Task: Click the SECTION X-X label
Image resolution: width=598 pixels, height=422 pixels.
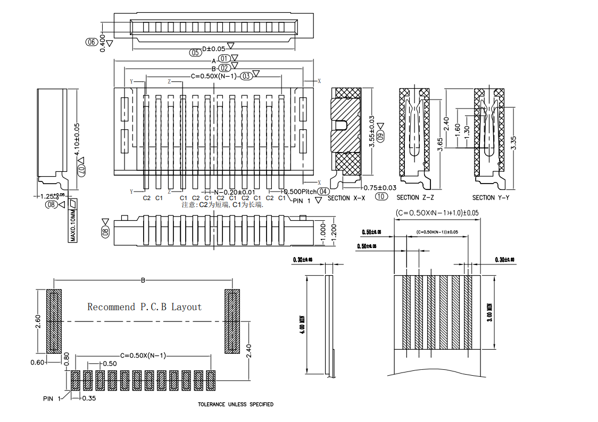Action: click(x=346, y=198)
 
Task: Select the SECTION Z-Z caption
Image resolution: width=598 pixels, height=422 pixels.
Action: click(x=416, y=198)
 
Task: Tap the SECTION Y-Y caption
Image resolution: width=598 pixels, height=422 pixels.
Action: click(x=491, y=198)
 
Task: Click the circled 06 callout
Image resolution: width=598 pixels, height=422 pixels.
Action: click(x=91, y=42)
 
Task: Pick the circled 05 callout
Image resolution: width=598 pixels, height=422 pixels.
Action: click(x=195, y=52)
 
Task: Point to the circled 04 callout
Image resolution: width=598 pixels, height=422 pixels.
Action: click(x=323, y=192)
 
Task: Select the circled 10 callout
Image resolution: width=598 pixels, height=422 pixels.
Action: click(x=380, y=196)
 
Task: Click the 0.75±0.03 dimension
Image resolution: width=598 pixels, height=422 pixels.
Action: click(x=380, y=188)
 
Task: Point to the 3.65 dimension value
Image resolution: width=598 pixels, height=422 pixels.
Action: click(x=440, y=145)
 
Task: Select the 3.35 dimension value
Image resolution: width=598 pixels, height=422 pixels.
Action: click(x=513, y=143)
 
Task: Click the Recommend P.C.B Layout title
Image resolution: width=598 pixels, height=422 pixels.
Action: click(x=145, y=307)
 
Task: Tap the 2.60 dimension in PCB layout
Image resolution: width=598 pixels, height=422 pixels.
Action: click(x=38, y=321)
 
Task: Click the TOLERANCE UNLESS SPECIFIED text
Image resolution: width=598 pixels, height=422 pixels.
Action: click(x=236, y=404)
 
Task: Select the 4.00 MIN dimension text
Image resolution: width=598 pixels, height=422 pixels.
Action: click(x=302, y=325)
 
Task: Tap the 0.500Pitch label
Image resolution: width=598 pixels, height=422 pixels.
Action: click(x=300, y=192)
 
